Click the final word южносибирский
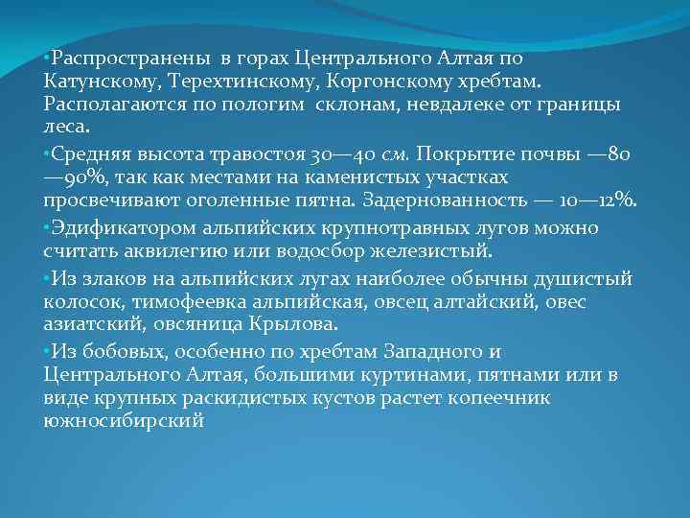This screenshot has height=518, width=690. tap(124, 422)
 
